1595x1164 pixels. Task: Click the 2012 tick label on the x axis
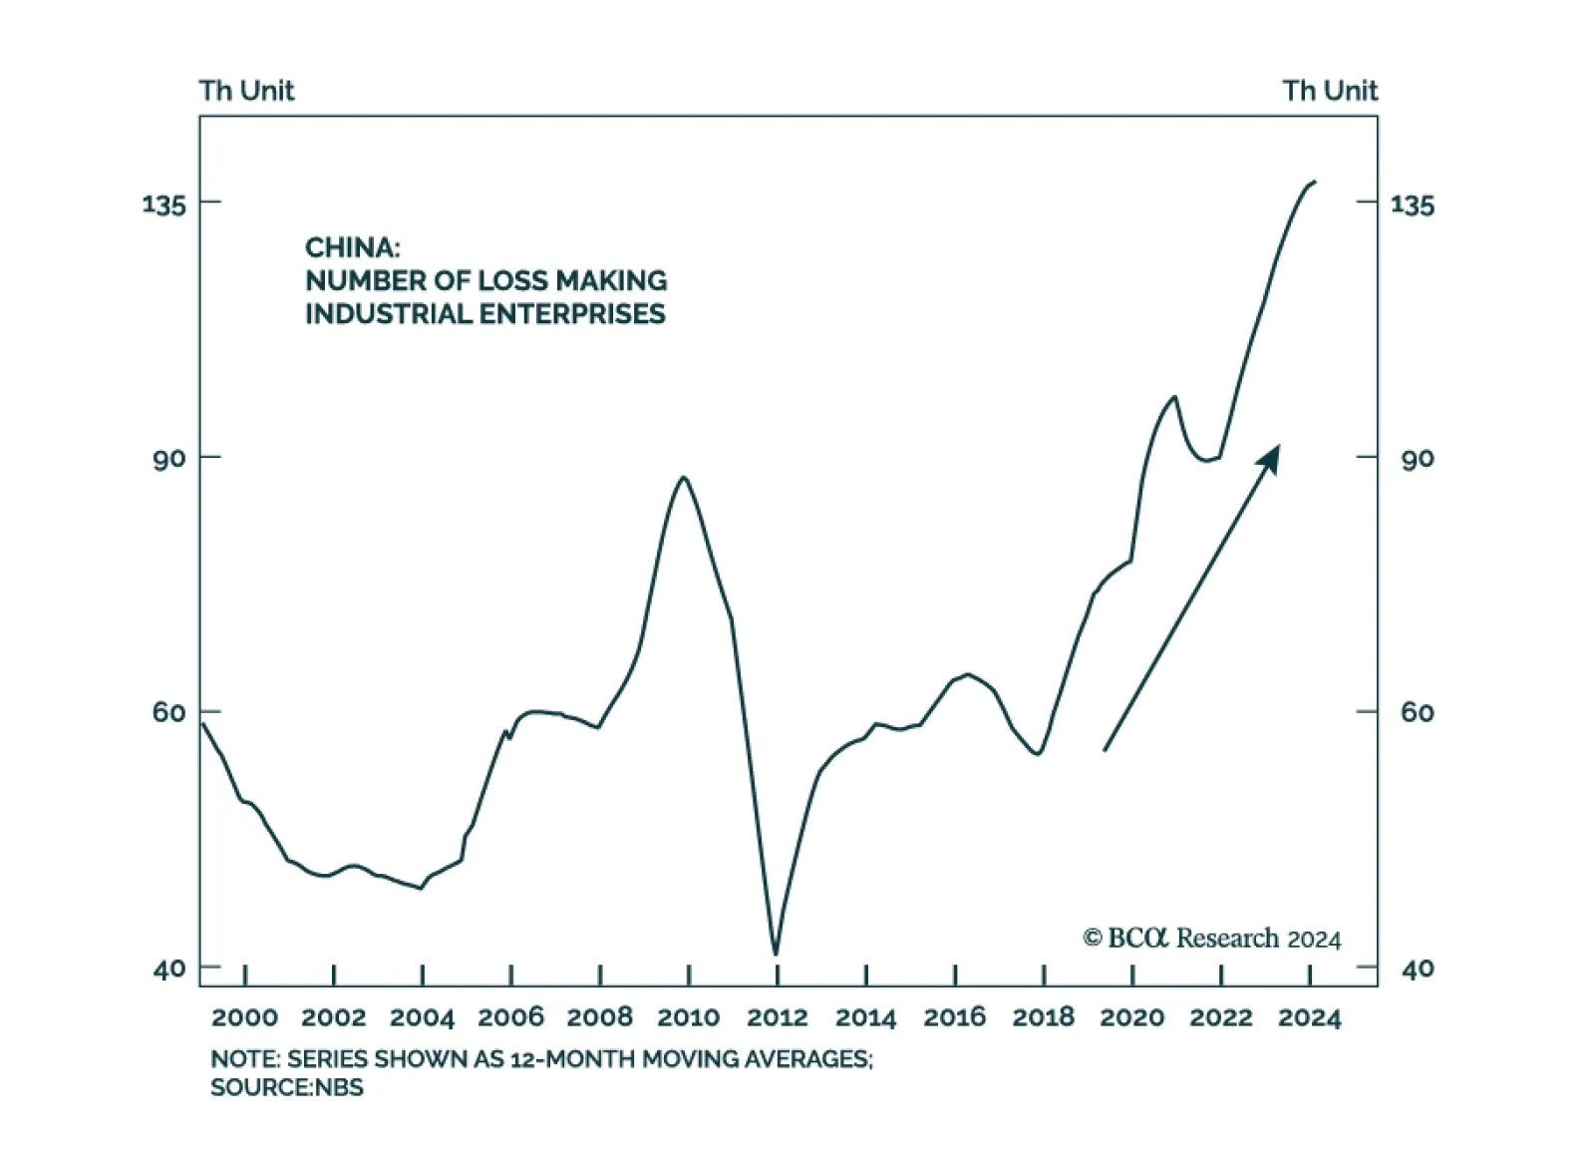(x=777, y=1017)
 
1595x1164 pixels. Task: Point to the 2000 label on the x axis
(x=244, y=1017)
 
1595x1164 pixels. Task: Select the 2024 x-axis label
(x=1309, y=1017)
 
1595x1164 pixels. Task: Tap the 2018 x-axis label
(x=1043, y=1017)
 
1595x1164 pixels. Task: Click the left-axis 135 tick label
(x=164, y=204)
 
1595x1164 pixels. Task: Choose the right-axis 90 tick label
(x=1417, y=459)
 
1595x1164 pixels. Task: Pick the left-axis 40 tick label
(x=169, y=968)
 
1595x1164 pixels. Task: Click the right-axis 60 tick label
(x=1417, y=712)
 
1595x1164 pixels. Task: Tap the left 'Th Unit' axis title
(x=246, y=91)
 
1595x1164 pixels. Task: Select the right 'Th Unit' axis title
(x=1330, y=91)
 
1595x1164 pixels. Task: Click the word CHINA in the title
(x=352, y=247)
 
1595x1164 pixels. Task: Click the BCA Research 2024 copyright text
(x=1211, y=939)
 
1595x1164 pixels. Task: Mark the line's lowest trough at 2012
(x=776, y=954)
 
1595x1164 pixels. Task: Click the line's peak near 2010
(x=684, y=478)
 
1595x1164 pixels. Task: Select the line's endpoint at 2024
(x=1315, y=182)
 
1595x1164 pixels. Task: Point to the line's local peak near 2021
(x=1174, y=397)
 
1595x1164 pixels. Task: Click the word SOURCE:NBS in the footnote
(x=287, y=1087)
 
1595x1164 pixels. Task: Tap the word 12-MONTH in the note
(x=571, y=1059)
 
